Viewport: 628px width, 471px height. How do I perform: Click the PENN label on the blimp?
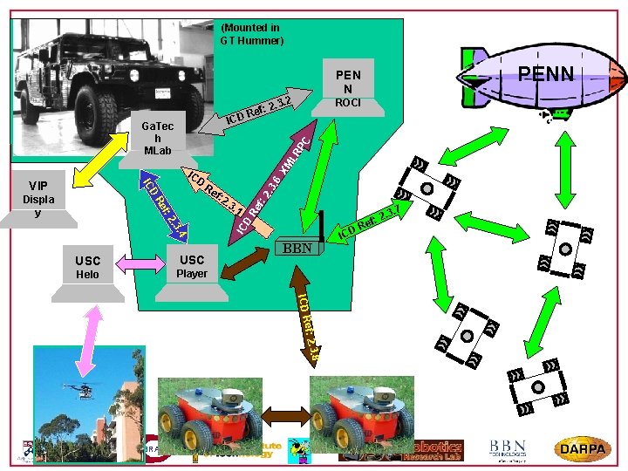click(x=545, y=73)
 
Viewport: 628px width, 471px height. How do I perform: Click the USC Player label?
click(x=192, y=266)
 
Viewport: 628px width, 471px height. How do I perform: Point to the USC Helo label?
click(x=87, y=267)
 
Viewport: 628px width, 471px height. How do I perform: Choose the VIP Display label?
click(x=38, y=199)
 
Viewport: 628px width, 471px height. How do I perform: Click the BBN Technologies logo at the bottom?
click(x=507, y=449)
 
